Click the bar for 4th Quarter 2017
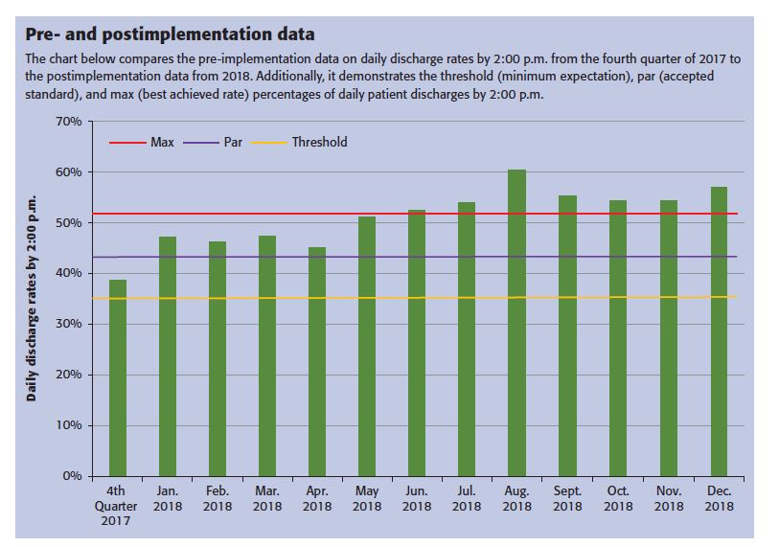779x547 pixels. (x=117, y=377)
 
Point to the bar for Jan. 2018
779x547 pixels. (x=168, y=355)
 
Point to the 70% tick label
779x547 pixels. (x=70, y=122)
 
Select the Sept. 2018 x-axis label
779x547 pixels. (x=567, y=498)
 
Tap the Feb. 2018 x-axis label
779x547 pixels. (x=218, y=498)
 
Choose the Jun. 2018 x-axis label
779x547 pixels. (x=417, y=498)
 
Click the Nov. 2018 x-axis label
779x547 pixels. (x=668, y=498)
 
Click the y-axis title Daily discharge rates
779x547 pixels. (x=33, y=298)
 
